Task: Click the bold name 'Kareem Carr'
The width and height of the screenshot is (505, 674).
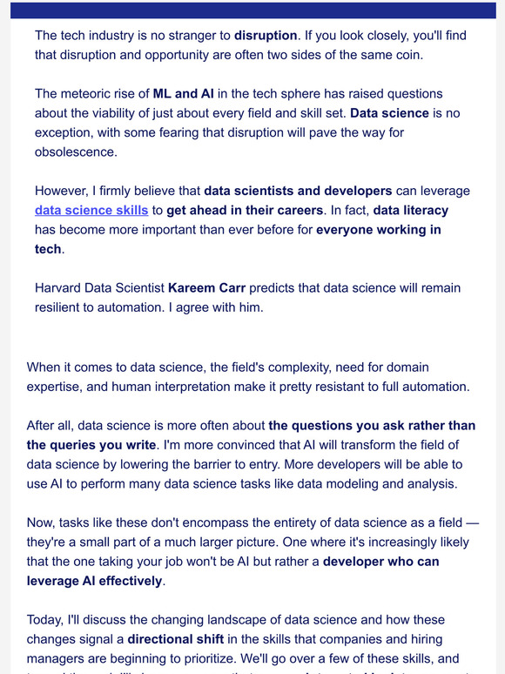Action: coord(205,287)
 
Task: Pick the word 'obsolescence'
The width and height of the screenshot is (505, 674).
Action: coord(76,152)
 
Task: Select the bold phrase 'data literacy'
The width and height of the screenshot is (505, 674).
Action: coord(411,210)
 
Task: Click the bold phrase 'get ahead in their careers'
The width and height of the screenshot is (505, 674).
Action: coord(248,210)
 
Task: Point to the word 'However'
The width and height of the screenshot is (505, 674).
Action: coord(64,190)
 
